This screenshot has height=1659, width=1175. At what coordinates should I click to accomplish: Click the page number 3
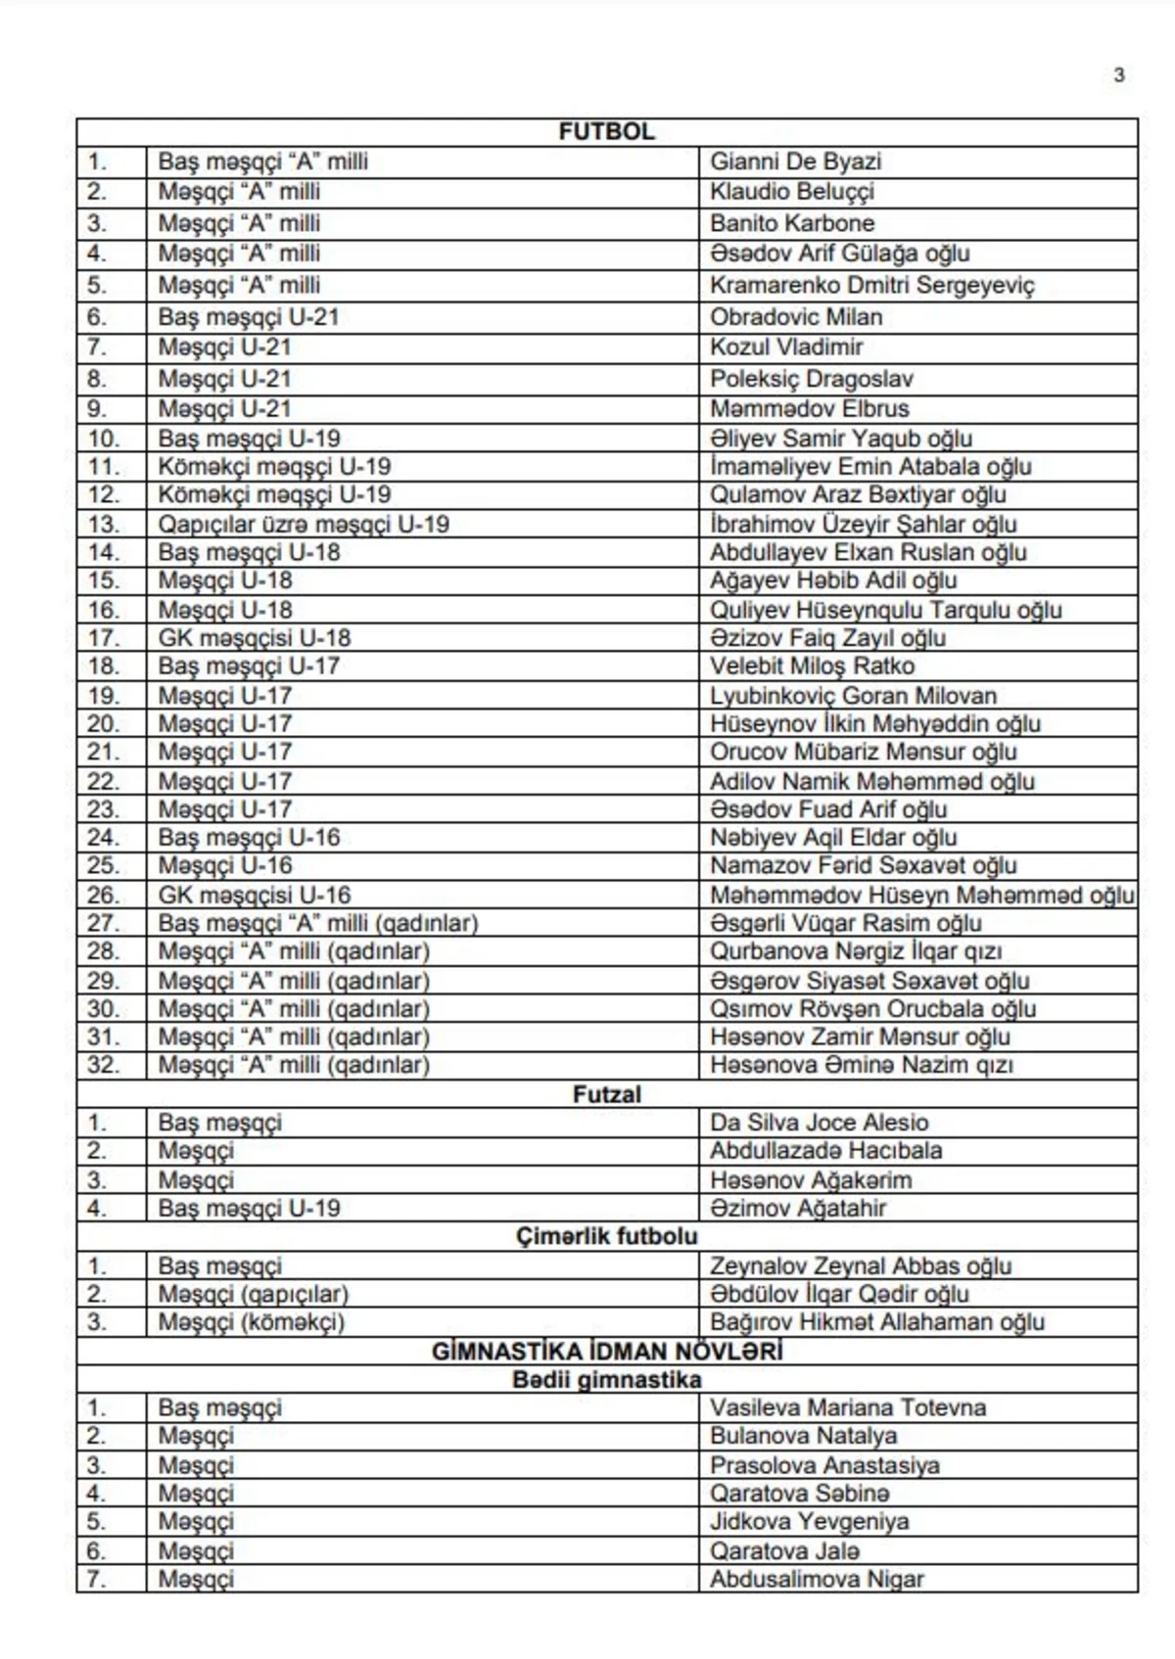(1118, 75)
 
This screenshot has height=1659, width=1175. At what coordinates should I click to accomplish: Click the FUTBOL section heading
(606, 132)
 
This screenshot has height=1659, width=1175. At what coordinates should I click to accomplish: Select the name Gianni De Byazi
(795, 161)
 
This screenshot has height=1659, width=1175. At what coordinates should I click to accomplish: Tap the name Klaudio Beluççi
(791, 191)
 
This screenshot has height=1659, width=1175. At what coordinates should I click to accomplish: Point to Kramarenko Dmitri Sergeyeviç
(871, 285)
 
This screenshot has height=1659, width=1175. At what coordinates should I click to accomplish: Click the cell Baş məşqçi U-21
(249, 317)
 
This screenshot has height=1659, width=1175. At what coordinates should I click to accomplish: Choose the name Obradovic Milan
(796, 317)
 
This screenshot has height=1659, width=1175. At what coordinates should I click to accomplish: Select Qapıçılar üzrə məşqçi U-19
(304, 525)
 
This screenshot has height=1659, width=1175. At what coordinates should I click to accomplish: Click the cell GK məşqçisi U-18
(255, 638)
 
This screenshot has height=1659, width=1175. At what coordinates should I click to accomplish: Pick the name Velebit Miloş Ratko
(812, 667)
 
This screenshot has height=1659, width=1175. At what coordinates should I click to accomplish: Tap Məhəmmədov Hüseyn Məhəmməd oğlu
(921, 896)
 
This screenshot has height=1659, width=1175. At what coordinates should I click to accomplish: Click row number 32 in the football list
(103, 1065)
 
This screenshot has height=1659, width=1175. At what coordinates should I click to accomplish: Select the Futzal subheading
(606, 1094)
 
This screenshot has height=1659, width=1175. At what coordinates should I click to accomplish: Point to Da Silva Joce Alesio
(819, 1123)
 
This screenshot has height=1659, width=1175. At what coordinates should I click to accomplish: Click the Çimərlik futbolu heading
(606, 1236)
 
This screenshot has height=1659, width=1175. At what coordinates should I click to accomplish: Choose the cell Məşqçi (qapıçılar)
(254, 1294)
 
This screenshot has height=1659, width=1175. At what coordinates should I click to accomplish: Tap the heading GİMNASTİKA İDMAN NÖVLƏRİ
(606, 1352)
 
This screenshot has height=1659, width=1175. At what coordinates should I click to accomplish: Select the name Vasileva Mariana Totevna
(848, 1408)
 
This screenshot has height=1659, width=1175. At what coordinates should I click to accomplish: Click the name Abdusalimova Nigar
(817, 1579)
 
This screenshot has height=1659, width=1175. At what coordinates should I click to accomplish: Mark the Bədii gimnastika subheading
(606, 1380)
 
